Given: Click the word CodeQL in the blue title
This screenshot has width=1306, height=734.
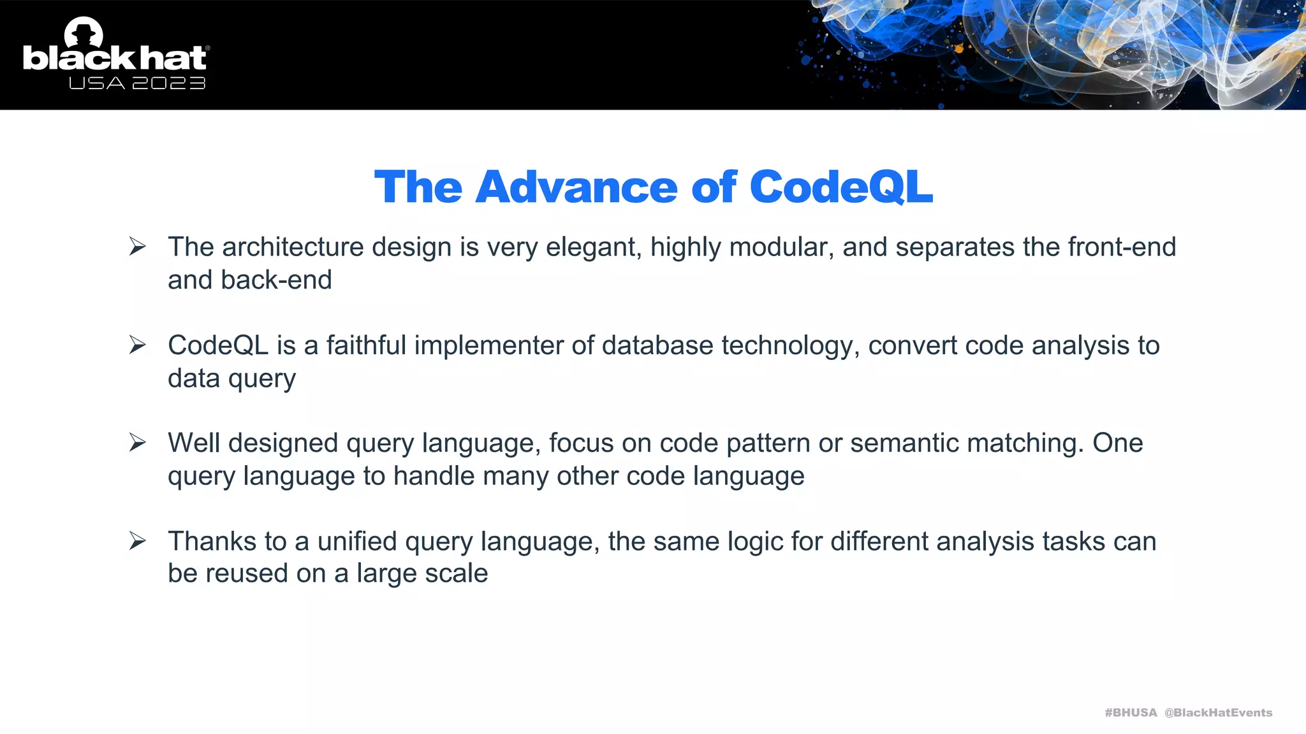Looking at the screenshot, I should click(x=840, y=187).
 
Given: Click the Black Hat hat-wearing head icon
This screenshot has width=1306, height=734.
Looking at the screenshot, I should click(x=84, y=32).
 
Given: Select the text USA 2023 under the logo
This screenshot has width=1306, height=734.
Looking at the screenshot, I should click(x=137, y=83).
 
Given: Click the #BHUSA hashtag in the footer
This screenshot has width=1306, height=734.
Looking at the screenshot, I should click(x=1131, y=712).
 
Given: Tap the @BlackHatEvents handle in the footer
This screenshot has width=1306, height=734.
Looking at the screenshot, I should click(x=1218, y=712).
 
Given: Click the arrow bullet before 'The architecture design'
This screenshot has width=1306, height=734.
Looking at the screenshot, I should click(x=138, y=246).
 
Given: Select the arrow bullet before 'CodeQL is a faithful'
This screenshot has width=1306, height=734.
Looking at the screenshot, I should click(x=138, y=345).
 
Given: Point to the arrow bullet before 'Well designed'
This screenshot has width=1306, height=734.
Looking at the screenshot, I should click(x=138, y=442).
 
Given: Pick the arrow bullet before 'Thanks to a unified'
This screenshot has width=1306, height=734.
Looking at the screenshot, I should click(x=138, y=540).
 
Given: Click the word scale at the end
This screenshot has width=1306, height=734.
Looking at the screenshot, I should click(x=456, y=573).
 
